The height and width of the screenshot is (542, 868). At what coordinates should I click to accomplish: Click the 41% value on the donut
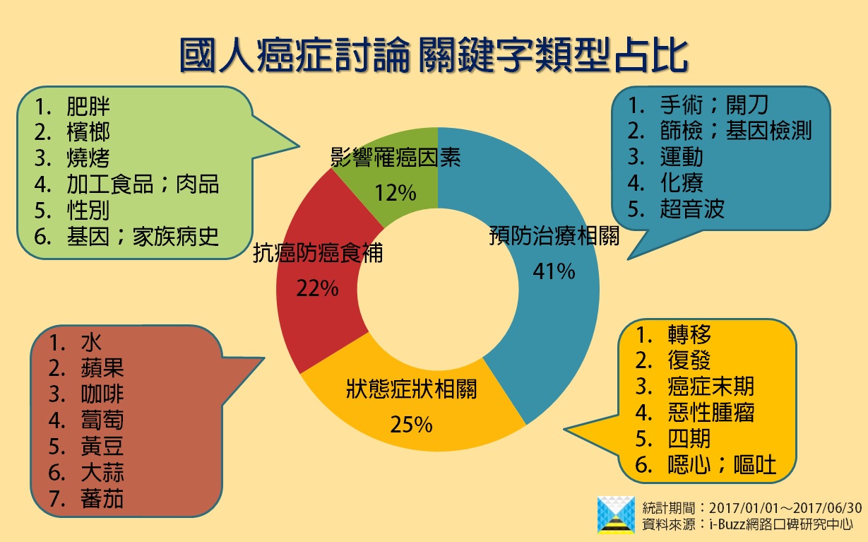click(x=554, y=271)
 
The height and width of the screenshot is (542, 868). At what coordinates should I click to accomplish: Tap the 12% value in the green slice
click(x=396, y=193)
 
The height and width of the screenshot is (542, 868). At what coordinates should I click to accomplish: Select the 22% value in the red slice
click(x=317, y=288)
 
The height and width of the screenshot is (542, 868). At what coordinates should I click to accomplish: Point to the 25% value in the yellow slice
click(x=411, y=424)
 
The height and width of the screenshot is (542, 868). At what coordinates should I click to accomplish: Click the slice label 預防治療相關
click(x=554, y=235)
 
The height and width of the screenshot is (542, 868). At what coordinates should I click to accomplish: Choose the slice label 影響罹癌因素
click(x=396, y=157)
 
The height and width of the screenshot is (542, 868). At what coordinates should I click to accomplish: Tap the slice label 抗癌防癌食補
click(x=318, y=253)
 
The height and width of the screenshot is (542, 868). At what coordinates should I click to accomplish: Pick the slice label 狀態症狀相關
click(x=411, y=389)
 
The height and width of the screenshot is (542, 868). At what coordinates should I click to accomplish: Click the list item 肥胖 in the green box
click(x=88, y=106)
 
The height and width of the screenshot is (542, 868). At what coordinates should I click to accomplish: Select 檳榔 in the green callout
click(x=88, y=132)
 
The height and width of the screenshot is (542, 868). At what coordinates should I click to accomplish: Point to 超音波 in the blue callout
click(x=692, y=208)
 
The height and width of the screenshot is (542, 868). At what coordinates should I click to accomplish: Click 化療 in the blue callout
click(x=682, y=182)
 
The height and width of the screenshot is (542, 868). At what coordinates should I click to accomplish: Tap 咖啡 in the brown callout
click(x=102, y=394)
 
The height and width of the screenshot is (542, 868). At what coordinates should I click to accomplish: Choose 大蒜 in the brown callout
click(x=102, y=472)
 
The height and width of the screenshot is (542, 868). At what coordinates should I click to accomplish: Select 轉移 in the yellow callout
click(x=689, y=334)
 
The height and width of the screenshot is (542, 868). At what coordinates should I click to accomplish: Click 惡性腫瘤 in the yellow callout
click(x=711, y=412)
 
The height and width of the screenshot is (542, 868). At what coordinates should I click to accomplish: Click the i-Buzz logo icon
click(x=616, y=515)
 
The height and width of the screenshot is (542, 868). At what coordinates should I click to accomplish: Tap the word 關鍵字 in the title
click(x=476, y=55)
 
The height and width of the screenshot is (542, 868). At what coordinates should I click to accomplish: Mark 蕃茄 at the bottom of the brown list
click(x=102, y=498)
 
